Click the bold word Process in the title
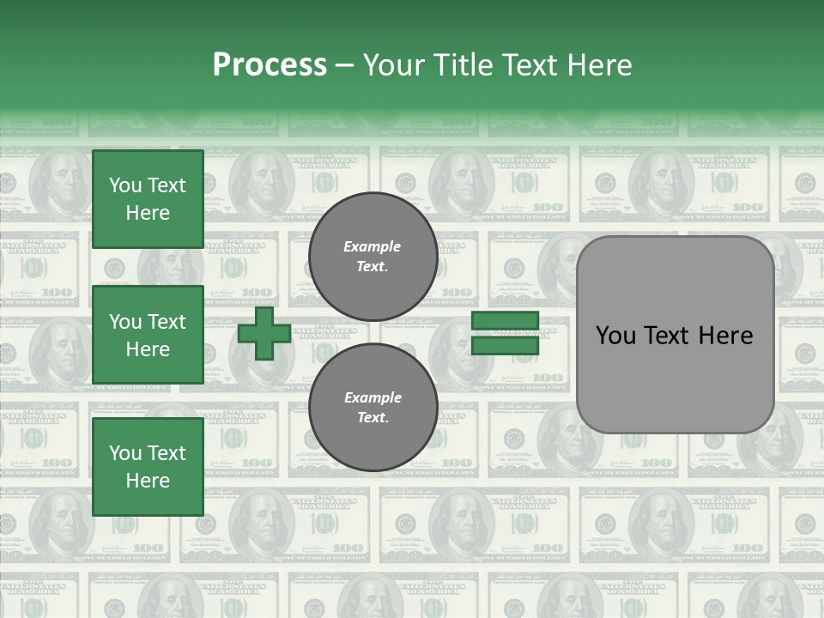[x=270, y=65]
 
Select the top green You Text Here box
[x=148, y=199]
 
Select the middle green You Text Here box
[x=148, y=335]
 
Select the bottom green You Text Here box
[x=148, y=467]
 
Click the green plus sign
[x=264, y=333]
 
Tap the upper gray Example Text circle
[x=373, y=257]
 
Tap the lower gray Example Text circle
[x=373, y=408]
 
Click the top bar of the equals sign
[x=505, y=321]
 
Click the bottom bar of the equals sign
[x=505, y=346]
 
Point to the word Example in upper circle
[x=373, y=246]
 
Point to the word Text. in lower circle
[x=373, y=418]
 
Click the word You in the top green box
[x=124, y=185]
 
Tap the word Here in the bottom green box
[x=148, y=481]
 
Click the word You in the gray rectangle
[x=615, y=336]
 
